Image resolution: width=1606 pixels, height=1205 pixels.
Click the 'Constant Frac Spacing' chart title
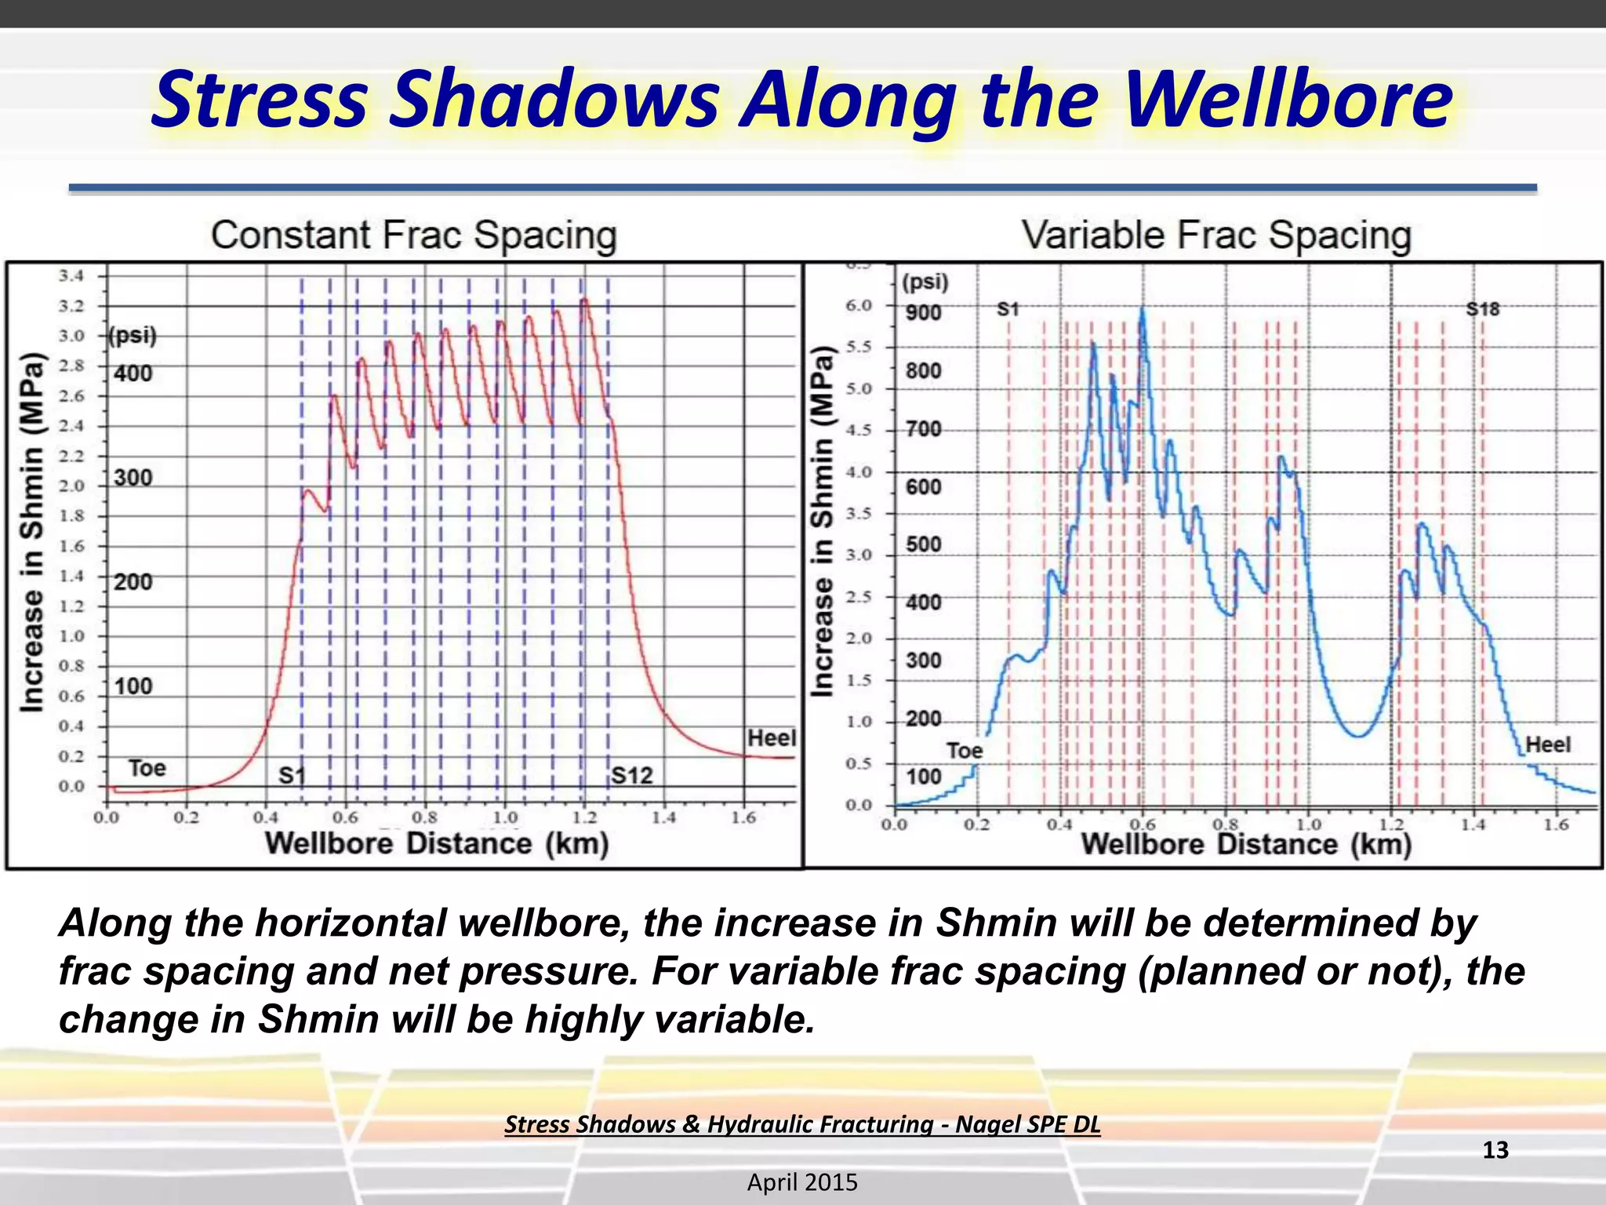coord(413,235)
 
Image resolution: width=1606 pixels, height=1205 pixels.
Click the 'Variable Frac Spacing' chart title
coord(1215,235)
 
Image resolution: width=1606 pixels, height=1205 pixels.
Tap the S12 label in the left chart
coord(631,776)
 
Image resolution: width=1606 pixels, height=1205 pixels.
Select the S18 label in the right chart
coord(1482,309)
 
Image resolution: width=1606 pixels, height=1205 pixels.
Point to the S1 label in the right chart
coord(1008,309)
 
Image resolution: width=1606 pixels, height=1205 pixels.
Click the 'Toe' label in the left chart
coord(147,768)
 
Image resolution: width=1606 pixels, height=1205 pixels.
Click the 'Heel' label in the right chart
coord(1547,744)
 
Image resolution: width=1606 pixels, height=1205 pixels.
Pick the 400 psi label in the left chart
coord(133,373)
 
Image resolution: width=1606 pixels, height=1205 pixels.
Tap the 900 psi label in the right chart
coord(923,313)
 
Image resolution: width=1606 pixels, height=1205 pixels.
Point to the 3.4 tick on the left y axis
coord(71,275)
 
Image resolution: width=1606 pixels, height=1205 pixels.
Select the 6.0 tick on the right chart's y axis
coord(859,305)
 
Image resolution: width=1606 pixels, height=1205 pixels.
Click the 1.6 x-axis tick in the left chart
coord(743,818)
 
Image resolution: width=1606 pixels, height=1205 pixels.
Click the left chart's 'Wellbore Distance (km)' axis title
coord(437,843)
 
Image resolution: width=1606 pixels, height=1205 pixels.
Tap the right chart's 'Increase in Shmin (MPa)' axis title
coord(821,521)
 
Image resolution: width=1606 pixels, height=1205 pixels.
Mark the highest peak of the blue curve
coord(1143,308)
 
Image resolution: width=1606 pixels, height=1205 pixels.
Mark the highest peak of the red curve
coord(584,299)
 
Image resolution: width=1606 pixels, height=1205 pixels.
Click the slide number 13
coord(1495,1150)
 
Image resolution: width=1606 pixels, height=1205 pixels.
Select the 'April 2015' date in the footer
coord(802,1182)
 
